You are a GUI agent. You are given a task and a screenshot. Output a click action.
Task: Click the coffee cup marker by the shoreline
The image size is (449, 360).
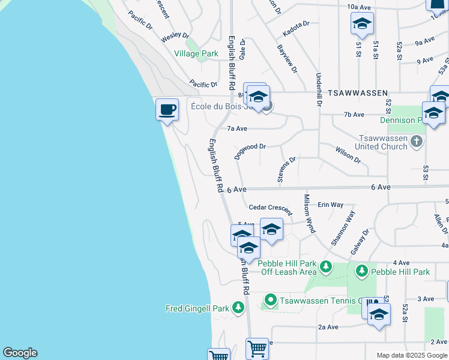coord(167,110)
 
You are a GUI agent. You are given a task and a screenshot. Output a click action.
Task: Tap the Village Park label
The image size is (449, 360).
coord(196,54)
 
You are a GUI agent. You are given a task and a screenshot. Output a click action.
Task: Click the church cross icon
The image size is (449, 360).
coord(418,142)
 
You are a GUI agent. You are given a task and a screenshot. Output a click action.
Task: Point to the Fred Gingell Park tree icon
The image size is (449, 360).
coord(238,308)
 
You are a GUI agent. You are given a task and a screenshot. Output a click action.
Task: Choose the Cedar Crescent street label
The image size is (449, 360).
coord(270,208)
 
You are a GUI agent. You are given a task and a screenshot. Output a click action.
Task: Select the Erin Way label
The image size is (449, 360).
coord(330,205)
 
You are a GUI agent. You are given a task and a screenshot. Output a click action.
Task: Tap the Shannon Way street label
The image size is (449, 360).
coord(344,227)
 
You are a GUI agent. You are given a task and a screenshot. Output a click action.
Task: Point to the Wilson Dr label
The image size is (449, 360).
coord(348,155)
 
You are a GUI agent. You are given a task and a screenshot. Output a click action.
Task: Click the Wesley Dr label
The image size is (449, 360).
coord(175,37)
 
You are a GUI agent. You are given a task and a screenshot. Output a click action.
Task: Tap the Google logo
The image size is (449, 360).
coord(20,353)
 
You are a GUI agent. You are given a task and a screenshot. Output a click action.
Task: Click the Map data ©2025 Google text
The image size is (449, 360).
coord(412,355)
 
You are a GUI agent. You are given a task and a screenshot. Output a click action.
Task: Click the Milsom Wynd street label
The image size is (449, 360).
coord(309,213)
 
